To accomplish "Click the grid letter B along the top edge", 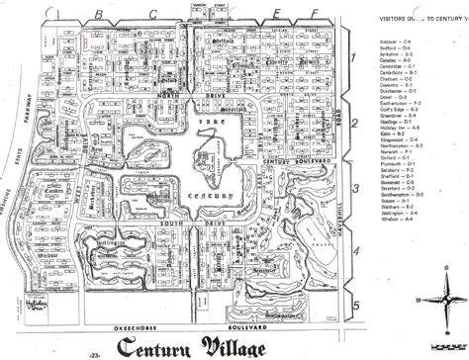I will [102, 13].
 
